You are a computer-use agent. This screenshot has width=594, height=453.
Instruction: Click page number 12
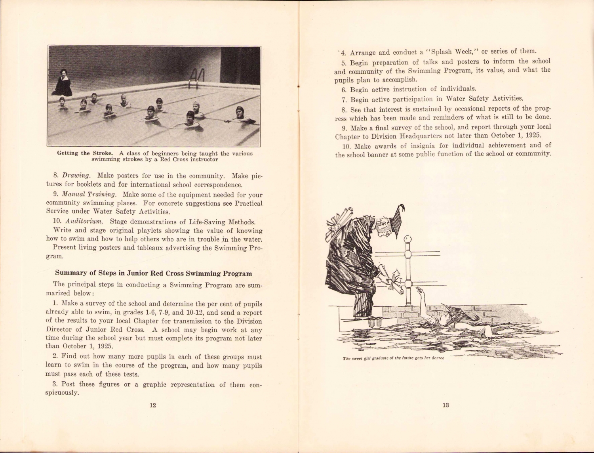pos(153,405)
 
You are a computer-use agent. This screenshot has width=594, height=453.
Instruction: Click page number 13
pos(445,405)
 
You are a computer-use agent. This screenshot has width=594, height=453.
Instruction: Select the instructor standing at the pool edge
pos(62,84)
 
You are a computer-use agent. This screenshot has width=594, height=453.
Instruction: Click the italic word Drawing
pos(76,176)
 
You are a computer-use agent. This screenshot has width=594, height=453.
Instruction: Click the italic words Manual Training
pos(89,195)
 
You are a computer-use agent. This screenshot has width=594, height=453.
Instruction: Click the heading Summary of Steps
pos(153,273)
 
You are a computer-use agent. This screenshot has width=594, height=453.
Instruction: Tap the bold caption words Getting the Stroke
pos(85,153)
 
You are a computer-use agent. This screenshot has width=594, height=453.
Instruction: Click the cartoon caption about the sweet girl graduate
pos(393,358)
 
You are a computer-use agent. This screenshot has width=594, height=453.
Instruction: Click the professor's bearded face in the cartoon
pos(383,228)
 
